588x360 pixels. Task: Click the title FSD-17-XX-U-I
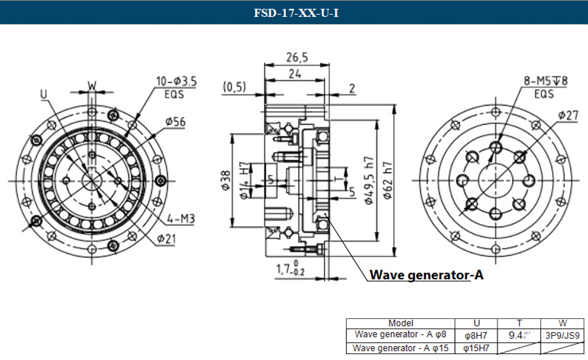(x=294, y=13)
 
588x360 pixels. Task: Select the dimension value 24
(x=295, y=73)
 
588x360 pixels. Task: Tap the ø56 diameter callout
(x=174, y=122)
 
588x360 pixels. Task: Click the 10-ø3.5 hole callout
(x=176, y=82)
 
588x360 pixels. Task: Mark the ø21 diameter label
(x=166, y=238)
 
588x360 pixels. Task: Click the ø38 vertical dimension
(x=226, y=181)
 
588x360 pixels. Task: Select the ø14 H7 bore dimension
(x=245, y=181)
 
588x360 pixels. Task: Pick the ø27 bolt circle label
(x=568, y=115)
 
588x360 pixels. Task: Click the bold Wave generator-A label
(x=426, y=276)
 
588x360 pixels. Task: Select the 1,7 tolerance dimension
(x=289, y=269)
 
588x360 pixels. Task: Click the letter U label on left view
(x=43, y=94)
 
